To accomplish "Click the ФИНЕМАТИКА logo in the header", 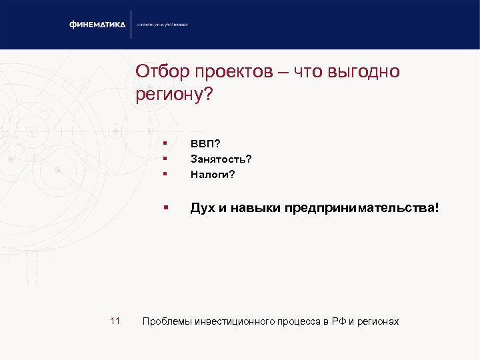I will point(97,25).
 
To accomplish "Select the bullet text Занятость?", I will point(221,159).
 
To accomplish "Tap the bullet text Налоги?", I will point(213,175).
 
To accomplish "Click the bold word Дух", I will point(202,208).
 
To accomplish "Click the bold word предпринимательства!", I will point(362,208).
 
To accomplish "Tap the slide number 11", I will point(115,321).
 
